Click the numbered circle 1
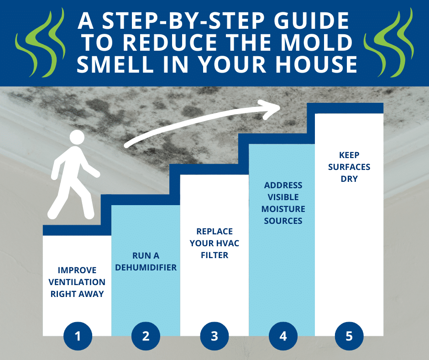[78, 336]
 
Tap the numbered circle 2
[146, 336]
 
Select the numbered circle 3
[214, 336]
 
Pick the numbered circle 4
[283, 336]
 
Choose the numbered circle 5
[349, 336]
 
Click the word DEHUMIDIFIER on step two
[146, 267]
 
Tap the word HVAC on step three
[227, 243]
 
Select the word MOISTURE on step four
[283, 209]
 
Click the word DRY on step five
[349, 179]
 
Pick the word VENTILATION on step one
[78, 282]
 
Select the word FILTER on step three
[214, 255]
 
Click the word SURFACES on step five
[349, 167]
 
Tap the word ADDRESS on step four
[283, 185]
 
